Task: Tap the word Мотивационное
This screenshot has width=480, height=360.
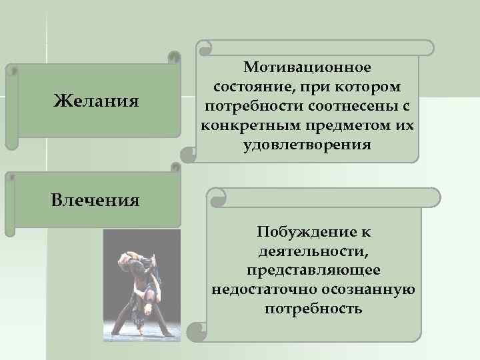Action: click(307, 67)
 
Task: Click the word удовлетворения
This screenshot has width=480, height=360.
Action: click(307, 145)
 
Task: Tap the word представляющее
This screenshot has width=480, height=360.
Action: click(313, 271)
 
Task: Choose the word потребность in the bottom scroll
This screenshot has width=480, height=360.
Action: click(313, 309)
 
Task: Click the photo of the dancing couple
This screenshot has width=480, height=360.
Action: click(142, 285)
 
